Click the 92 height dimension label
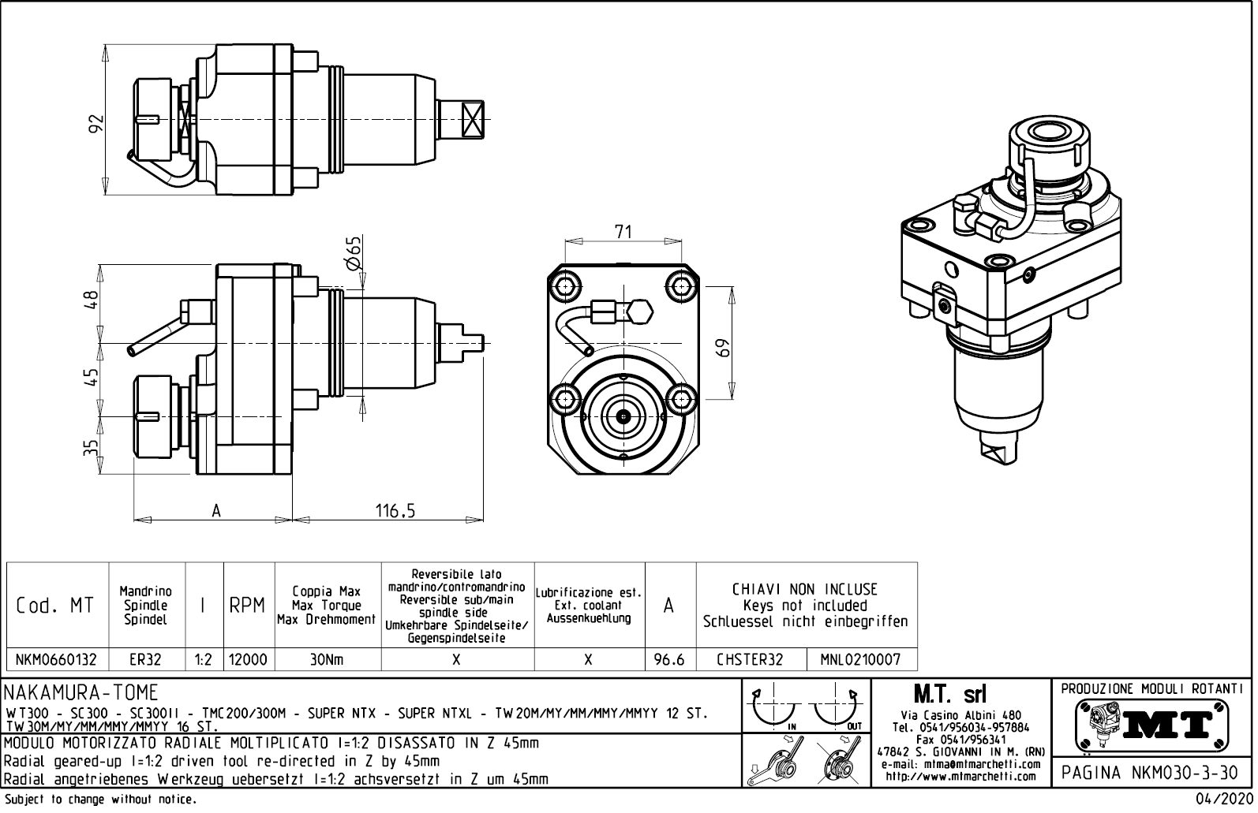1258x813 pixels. [95, 124]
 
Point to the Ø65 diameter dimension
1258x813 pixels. [354, 254]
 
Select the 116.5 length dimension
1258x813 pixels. [395, 511]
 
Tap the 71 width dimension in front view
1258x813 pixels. [623, 231]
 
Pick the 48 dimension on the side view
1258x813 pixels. [92, 300]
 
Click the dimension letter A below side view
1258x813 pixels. [215, 511]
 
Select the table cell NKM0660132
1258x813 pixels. [57, 659]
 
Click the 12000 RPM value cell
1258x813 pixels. [248, 659]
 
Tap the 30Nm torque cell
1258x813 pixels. [327, 659]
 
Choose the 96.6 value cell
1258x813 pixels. [669, 659]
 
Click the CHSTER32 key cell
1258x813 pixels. [750, 659]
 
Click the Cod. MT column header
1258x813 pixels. [55, 606]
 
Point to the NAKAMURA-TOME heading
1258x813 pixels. [82, 693]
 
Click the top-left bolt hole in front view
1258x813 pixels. [566, 285]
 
